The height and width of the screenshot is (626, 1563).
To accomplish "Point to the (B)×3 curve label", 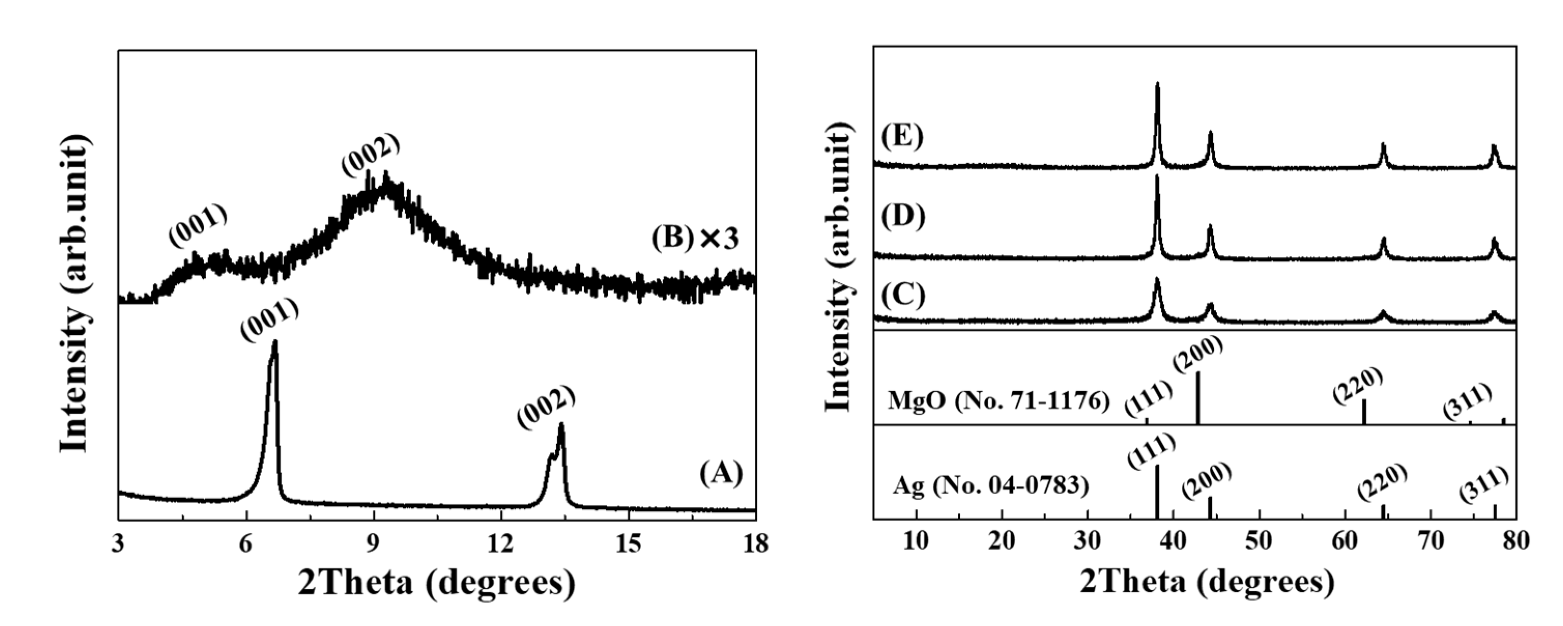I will (694, 238).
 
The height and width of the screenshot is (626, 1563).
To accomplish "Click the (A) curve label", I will (721, 473).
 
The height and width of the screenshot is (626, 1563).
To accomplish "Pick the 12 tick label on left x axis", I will (501, 544).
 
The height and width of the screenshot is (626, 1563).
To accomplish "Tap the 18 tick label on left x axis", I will (755, 544).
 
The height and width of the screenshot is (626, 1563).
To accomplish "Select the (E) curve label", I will (902, 137).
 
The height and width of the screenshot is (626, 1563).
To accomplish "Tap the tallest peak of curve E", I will (1157, 85).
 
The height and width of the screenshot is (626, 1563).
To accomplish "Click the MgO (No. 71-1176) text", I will (998, 401).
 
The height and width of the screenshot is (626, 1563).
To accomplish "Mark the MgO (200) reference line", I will (1198, 397).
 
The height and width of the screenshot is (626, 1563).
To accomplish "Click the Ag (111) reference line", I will (1157, 491).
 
